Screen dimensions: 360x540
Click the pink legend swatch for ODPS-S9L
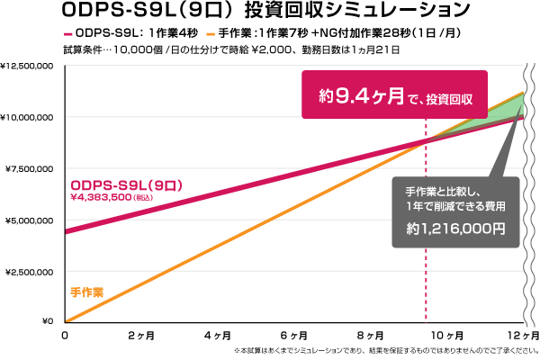[x=67, y=32]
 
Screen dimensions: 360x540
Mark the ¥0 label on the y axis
[x=49, y=321]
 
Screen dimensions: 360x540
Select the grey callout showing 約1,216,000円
[x=454, y=211]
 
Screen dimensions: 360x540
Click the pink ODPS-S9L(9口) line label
[x=127, y=184]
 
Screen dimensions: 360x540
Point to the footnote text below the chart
[x=385, y=350]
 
